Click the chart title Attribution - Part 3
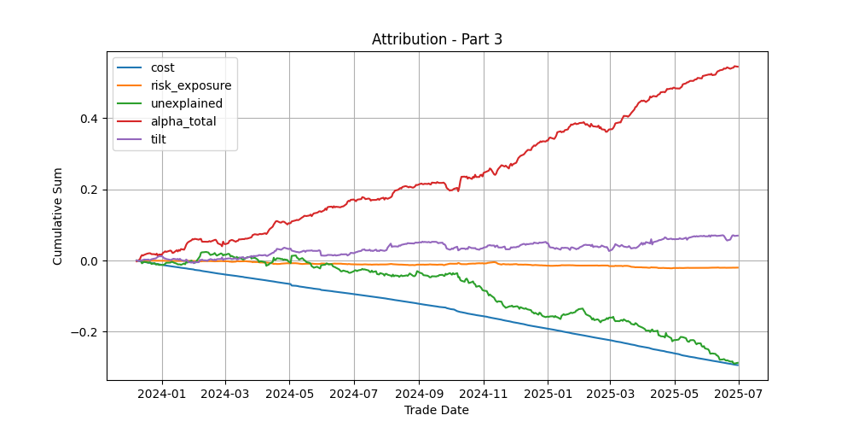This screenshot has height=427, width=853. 437,40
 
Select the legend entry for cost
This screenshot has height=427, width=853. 146,68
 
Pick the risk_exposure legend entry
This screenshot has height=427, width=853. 175,85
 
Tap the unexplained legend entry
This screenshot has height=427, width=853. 171,103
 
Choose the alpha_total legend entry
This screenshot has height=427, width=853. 167,121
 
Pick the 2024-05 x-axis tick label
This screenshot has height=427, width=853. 289,394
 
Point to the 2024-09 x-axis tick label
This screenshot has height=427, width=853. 419,394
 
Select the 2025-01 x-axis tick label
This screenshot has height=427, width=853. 548,394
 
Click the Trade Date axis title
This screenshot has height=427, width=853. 437,410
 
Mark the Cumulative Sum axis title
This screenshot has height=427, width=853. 57,216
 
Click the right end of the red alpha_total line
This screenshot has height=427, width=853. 738,67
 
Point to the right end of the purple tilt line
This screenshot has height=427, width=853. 738,236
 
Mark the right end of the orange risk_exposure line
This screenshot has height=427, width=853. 738,267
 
